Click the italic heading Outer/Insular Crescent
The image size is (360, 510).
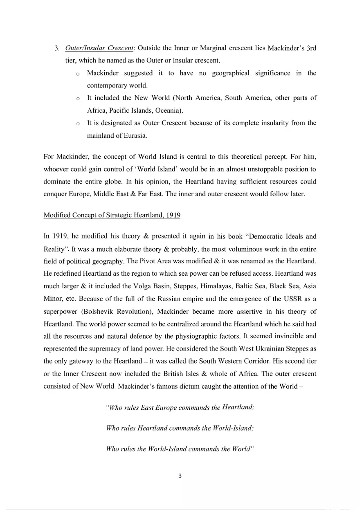coord(99,48)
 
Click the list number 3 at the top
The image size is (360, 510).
coord(57,48)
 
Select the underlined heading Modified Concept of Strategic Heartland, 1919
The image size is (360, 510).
coord(112,215)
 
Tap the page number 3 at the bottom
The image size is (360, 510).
coord(180,476)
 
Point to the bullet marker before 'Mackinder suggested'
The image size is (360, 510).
coord(78,74)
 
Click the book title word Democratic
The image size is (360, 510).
coord(259,236)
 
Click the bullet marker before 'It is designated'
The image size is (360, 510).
coord(78,124)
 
